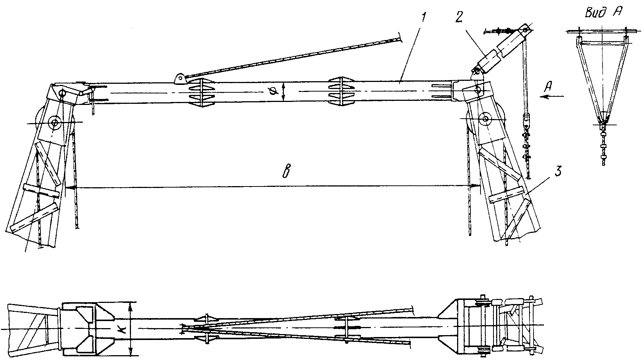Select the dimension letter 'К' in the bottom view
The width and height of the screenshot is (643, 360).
point(123,329)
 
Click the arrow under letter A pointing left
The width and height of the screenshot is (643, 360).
point(552,96)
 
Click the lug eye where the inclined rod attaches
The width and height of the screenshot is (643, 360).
point(180,78)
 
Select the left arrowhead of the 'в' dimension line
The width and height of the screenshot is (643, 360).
point(70,188)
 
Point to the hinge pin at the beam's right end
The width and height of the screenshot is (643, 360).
point(478,89)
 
